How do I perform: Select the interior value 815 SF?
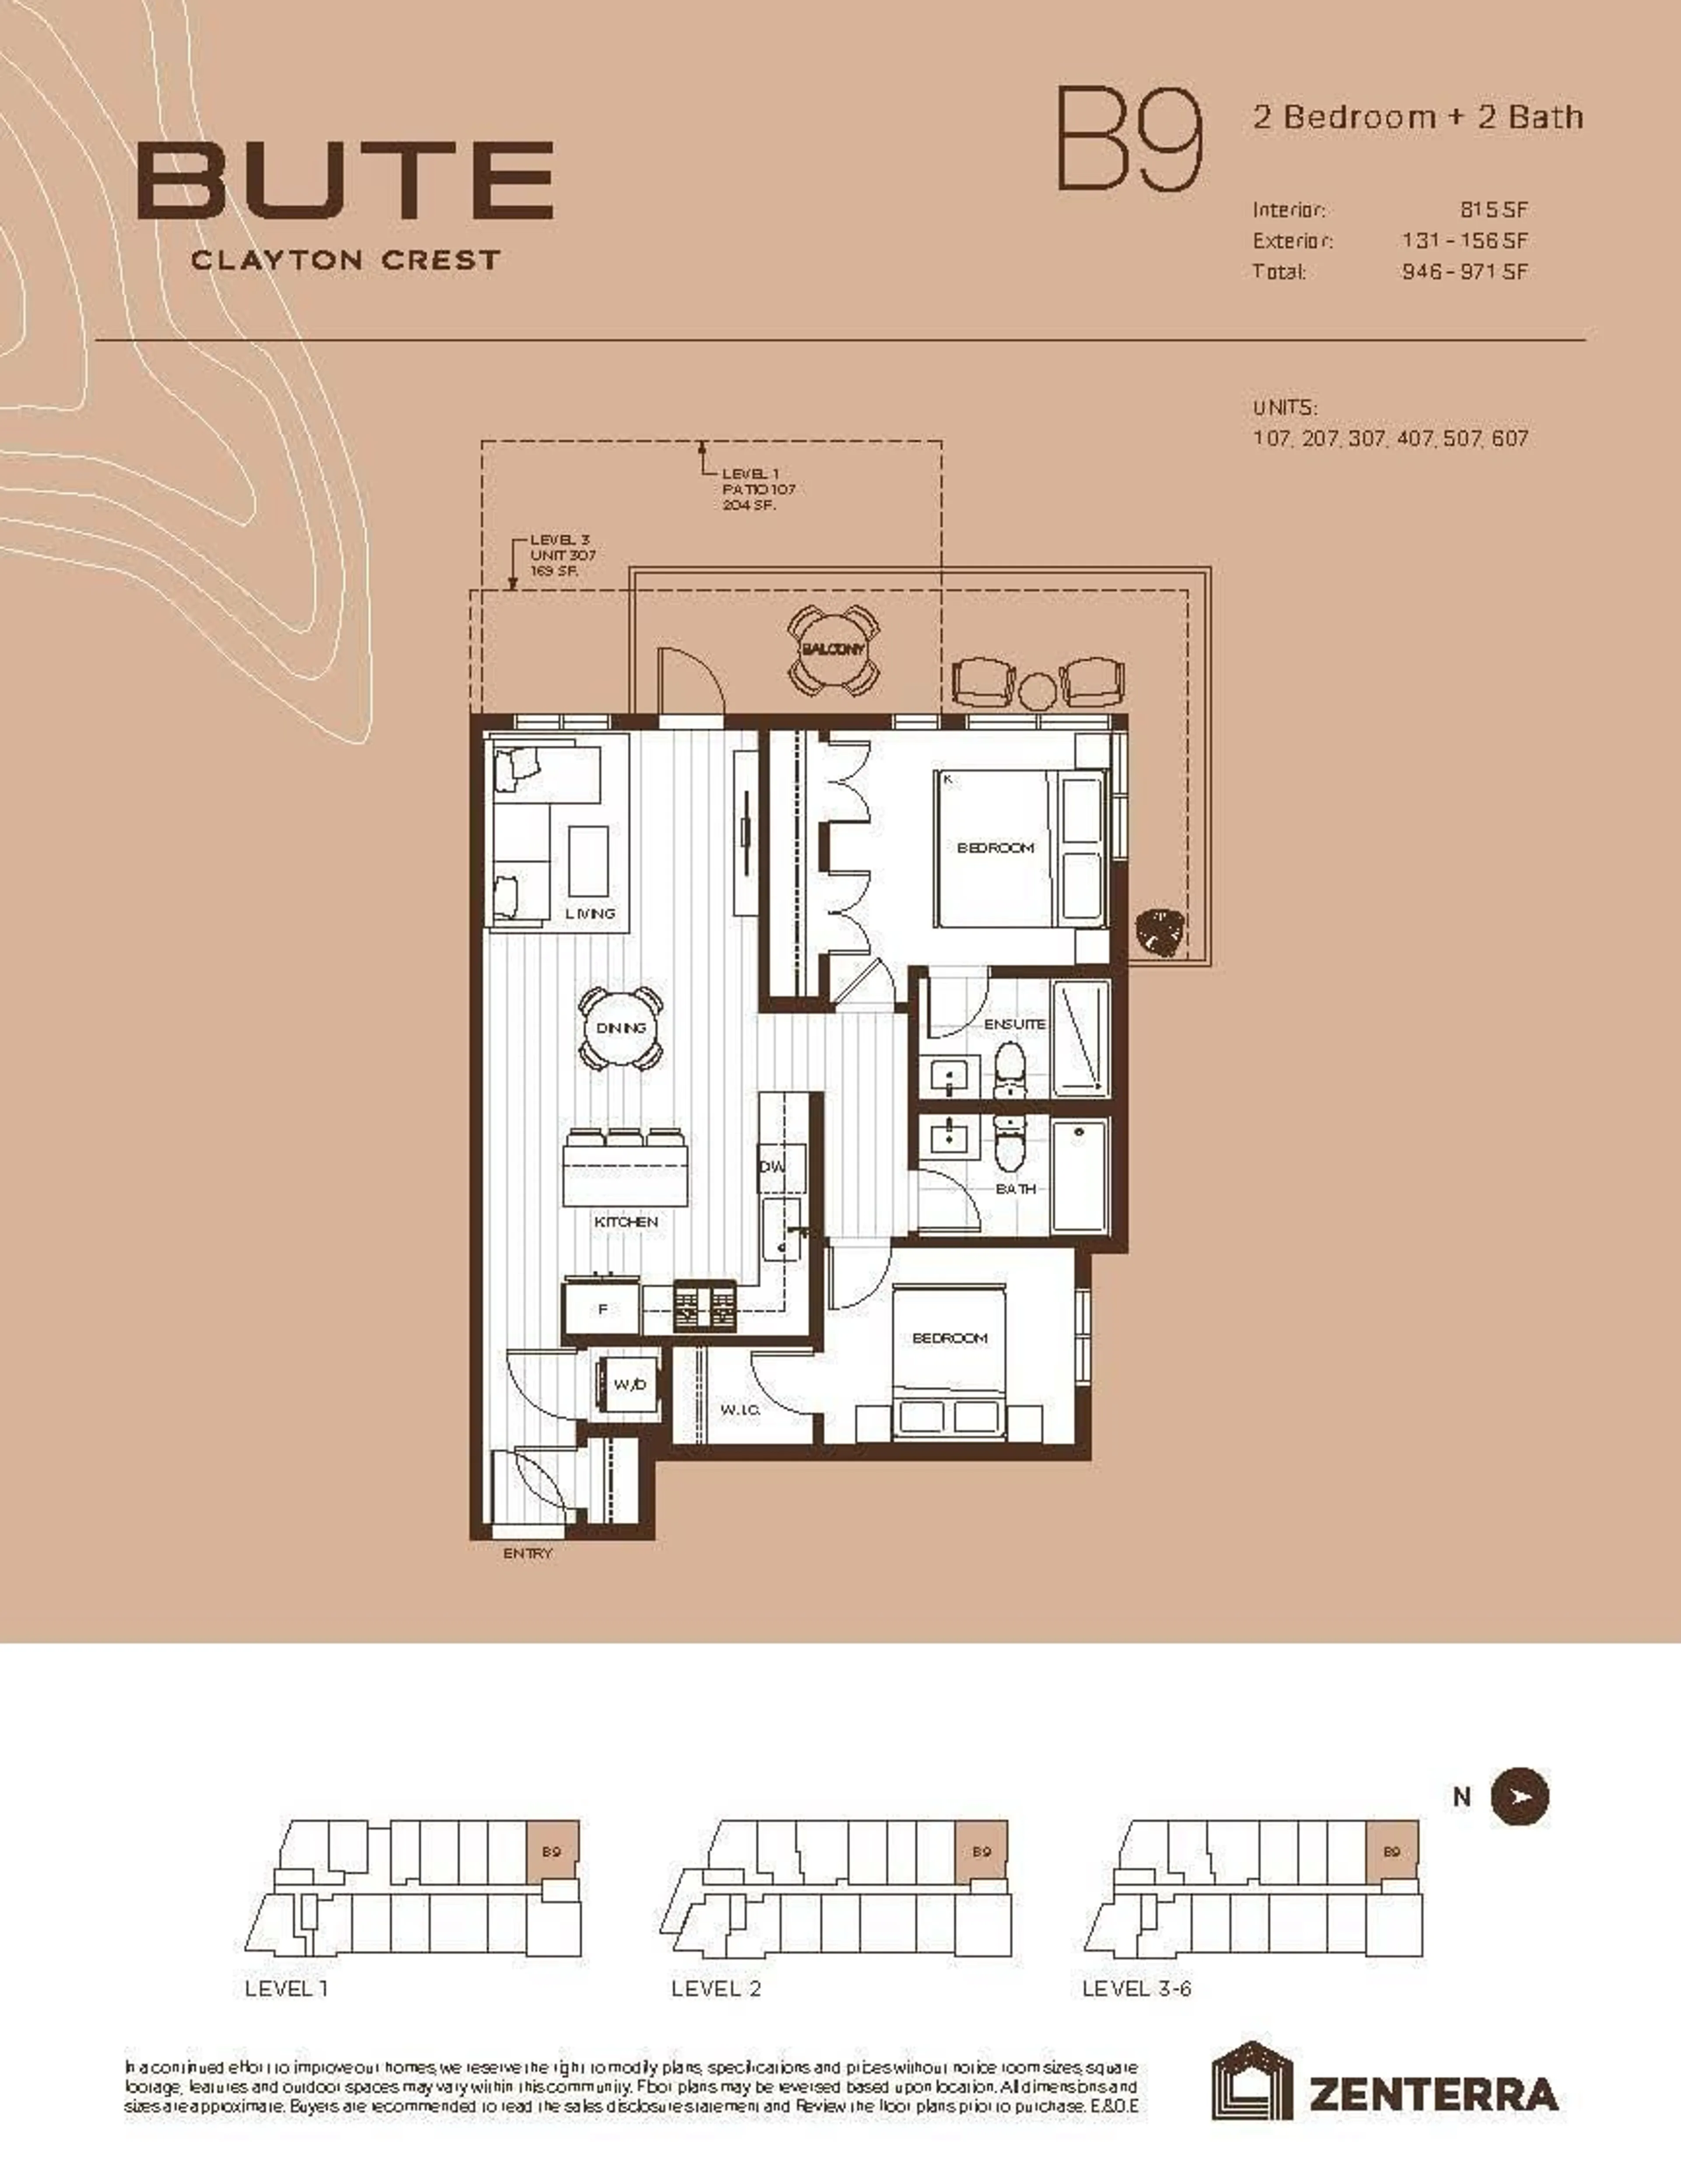[1493, 210]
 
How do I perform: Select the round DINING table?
[622, 1028]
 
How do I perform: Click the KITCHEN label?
[626, 1222]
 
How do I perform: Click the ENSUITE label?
[1015, 1023]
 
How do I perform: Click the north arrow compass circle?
[1519, 1796]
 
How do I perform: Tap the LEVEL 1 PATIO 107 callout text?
[757, 489]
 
